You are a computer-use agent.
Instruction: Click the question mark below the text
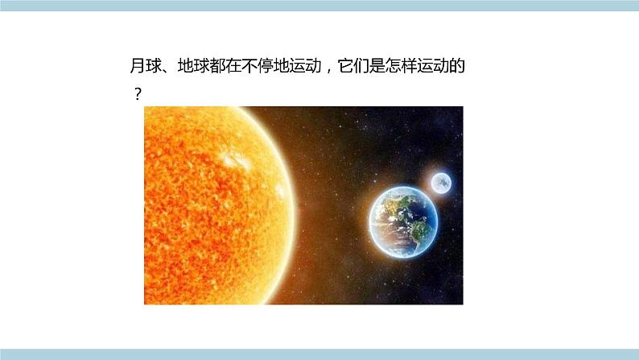(138, 94)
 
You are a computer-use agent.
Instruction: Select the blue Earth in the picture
(404, 218)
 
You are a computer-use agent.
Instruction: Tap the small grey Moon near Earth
(440, 184)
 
